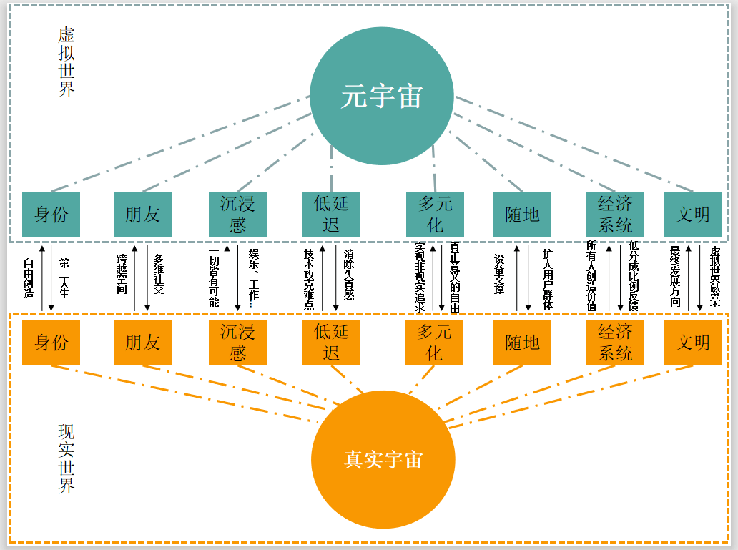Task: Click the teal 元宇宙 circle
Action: (x=382, y=96)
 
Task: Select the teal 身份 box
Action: (x=51, y=214)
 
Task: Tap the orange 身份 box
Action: (x=51, y=343)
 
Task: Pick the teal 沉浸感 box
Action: (x=237, y=214)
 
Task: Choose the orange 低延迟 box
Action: (x=330, y=343)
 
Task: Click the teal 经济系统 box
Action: (x=615, y=214)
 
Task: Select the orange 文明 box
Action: (x=692, y=343)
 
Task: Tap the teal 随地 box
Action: (x=522, y=214)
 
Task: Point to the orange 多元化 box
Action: (x=434, y=343)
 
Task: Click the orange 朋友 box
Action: (x=142, y=343)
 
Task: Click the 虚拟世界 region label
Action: (x=67, y=62)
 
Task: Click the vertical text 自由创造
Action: (x=29, y=280)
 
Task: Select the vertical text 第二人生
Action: (x=64, y=278)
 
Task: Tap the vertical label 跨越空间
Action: (x=121, y=275)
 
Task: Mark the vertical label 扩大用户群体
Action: (x=548, y=279)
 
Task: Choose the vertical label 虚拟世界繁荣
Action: (x=714, y=277)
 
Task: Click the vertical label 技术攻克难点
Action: (x=309, y=279)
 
